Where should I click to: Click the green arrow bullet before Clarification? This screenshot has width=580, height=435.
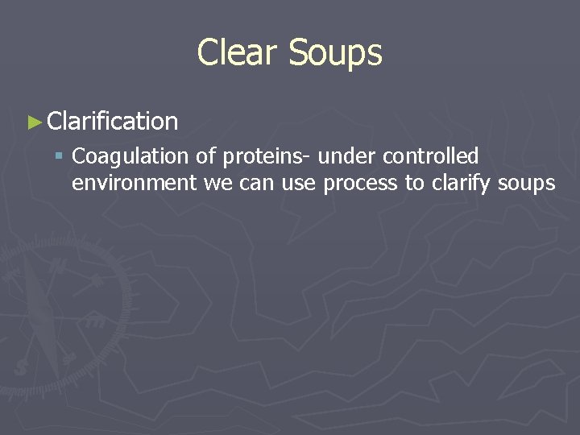(x=33, y=122)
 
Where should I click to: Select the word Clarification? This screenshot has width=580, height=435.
(x=113, y=122)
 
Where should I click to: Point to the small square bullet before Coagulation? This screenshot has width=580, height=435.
(x=60, y=156)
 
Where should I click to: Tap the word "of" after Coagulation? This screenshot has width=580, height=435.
(x=205, y=156)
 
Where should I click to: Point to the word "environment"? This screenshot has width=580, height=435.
(x=134, y=184)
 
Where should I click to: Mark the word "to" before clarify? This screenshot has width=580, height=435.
(x=414, y=184)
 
